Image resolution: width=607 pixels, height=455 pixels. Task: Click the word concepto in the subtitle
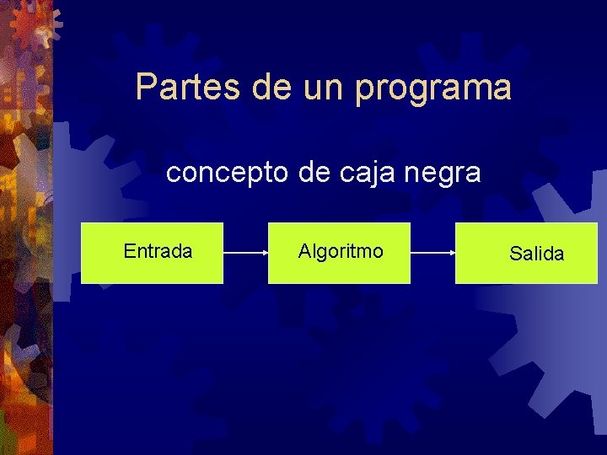(228, 174)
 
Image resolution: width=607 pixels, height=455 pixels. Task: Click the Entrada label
(158, 251)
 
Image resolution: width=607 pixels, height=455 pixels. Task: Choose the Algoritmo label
(341, 251)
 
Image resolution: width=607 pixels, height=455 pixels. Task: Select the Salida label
(537, 254)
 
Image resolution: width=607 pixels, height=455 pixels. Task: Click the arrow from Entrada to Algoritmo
(245, 252)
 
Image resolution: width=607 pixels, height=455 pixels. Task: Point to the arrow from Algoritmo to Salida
(432, 252)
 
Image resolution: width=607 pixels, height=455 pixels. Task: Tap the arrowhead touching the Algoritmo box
(265, 252)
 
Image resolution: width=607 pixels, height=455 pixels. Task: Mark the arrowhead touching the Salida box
(452, 252)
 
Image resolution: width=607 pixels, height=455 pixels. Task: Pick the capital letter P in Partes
(146, 87)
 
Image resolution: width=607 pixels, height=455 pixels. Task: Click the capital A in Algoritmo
(304, 251)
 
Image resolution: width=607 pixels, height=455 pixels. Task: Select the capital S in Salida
(515, 254)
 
